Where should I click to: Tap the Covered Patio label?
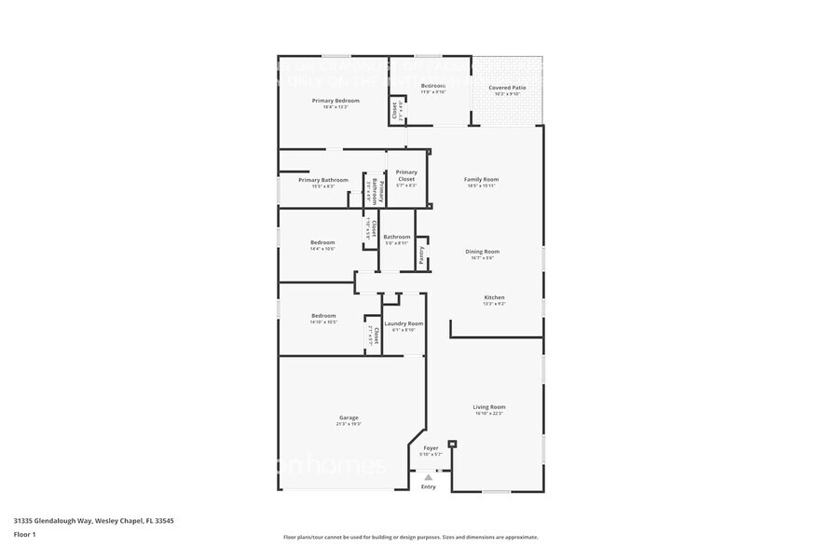508,88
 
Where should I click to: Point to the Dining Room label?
483,252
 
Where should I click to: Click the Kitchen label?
493,298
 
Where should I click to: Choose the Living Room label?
488,407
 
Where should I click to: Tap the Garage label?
348,418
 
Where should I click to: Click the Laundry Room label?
404,323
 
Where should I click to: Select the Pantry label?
421,256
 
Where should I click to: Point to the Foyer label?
431,448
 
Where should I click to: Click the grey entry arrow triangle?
428,477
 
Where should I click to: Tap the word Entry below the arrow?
428,486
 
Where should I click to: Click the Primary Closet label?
406,175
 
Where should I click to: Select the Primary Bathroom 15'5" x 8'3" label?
322,180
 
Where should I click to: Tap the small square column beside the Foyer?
452,444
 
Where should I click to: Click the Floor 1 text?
24,534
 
